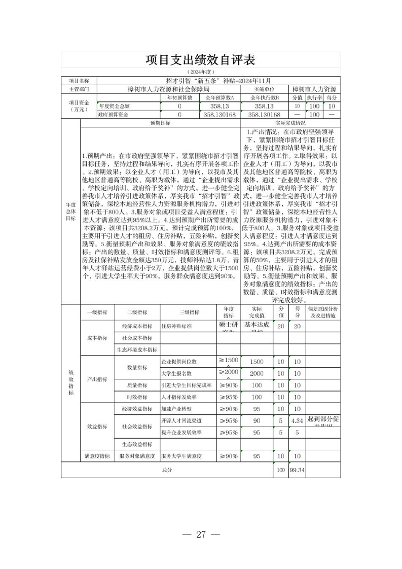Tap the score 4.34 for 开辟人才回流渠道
pos(297,420)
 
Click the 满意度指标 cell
pos(97,456)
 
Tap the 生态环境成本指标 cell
pos(137,349)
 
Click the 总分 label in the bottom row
pos(167,470)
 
